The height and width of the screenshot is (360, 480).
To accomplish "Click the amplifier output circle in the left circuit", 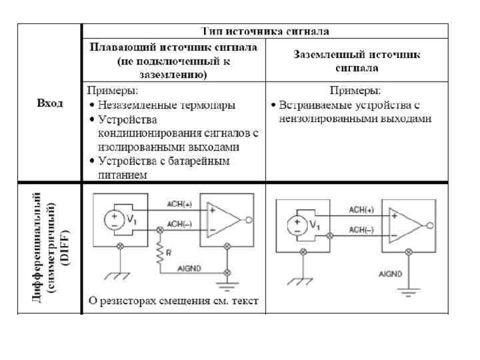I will tap(249, 219).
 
